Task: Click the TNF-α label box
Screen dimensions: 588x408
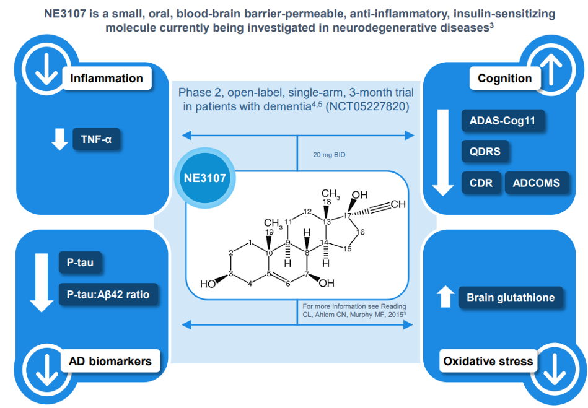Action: point(97,139)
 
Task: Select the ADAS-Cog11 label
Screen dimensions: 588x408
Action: point(502,121)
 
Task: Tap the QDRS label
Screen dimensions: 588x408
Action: point(485,151)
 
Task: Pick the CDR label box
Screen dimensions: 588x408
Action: point(481,183)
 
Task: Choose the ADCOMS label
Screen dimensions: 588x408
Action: point(537,183)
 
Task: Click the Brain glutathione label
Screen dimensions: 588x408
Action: point(511,297)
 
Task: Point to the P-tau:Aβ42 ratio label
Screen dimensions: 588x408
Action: point(108,295)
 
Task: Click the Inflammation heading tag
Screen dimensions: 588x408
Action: point(107,78)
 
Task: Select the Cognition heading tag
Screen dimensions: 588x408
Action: point(505,78)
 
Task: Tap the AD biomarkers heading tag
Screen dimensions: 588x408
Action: point(110,361)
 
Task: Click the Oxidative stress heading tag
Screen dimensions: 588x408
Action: point(488,361)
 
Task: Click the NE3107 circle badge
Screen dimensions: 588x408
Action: point(205,178)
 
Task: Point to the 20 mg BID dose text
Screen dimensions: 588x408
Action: point(329,155)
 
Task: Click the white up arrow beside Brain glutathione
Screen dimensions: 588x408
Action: point(445,297)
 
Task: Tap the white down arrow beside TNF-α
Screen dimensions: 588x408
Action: point(59,139)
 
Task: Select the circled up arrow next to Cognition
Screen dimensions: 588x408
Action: point(551,69)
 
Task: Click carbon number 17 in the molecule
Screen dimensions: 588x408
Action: point(347,215)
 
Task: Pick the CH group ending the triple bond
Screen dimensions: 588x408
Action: point(398,204)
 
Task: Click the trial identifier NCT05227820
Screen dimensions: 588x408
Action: point(367,106)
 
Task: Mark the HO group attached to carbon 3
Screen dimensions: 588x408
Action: point(208,284)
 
